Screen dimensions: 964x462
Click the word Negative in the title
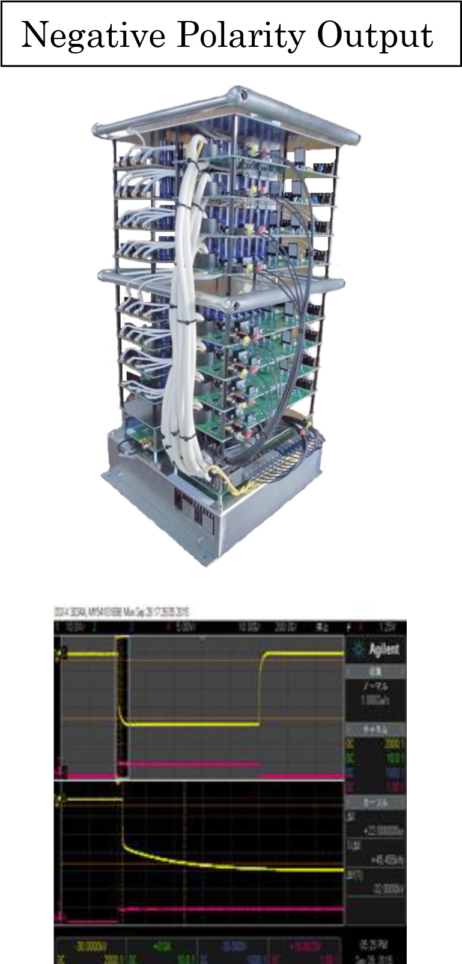tap(93, 36)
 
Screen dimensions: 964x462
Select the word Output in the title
tap(375, 36)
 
